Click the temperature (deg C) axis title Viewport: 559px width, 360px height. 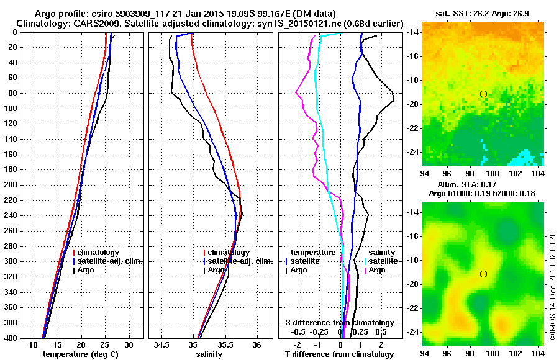coord(81,354)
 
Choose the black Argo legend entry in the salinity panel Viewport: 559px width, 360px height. coord(216,270)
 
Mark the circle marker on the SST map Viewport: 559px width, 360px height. coord(483,94)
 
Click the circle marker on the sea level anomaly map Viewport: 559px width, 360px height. coord(483,274)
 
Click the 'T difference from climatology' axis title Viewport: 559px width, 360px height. coord(339,354)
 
